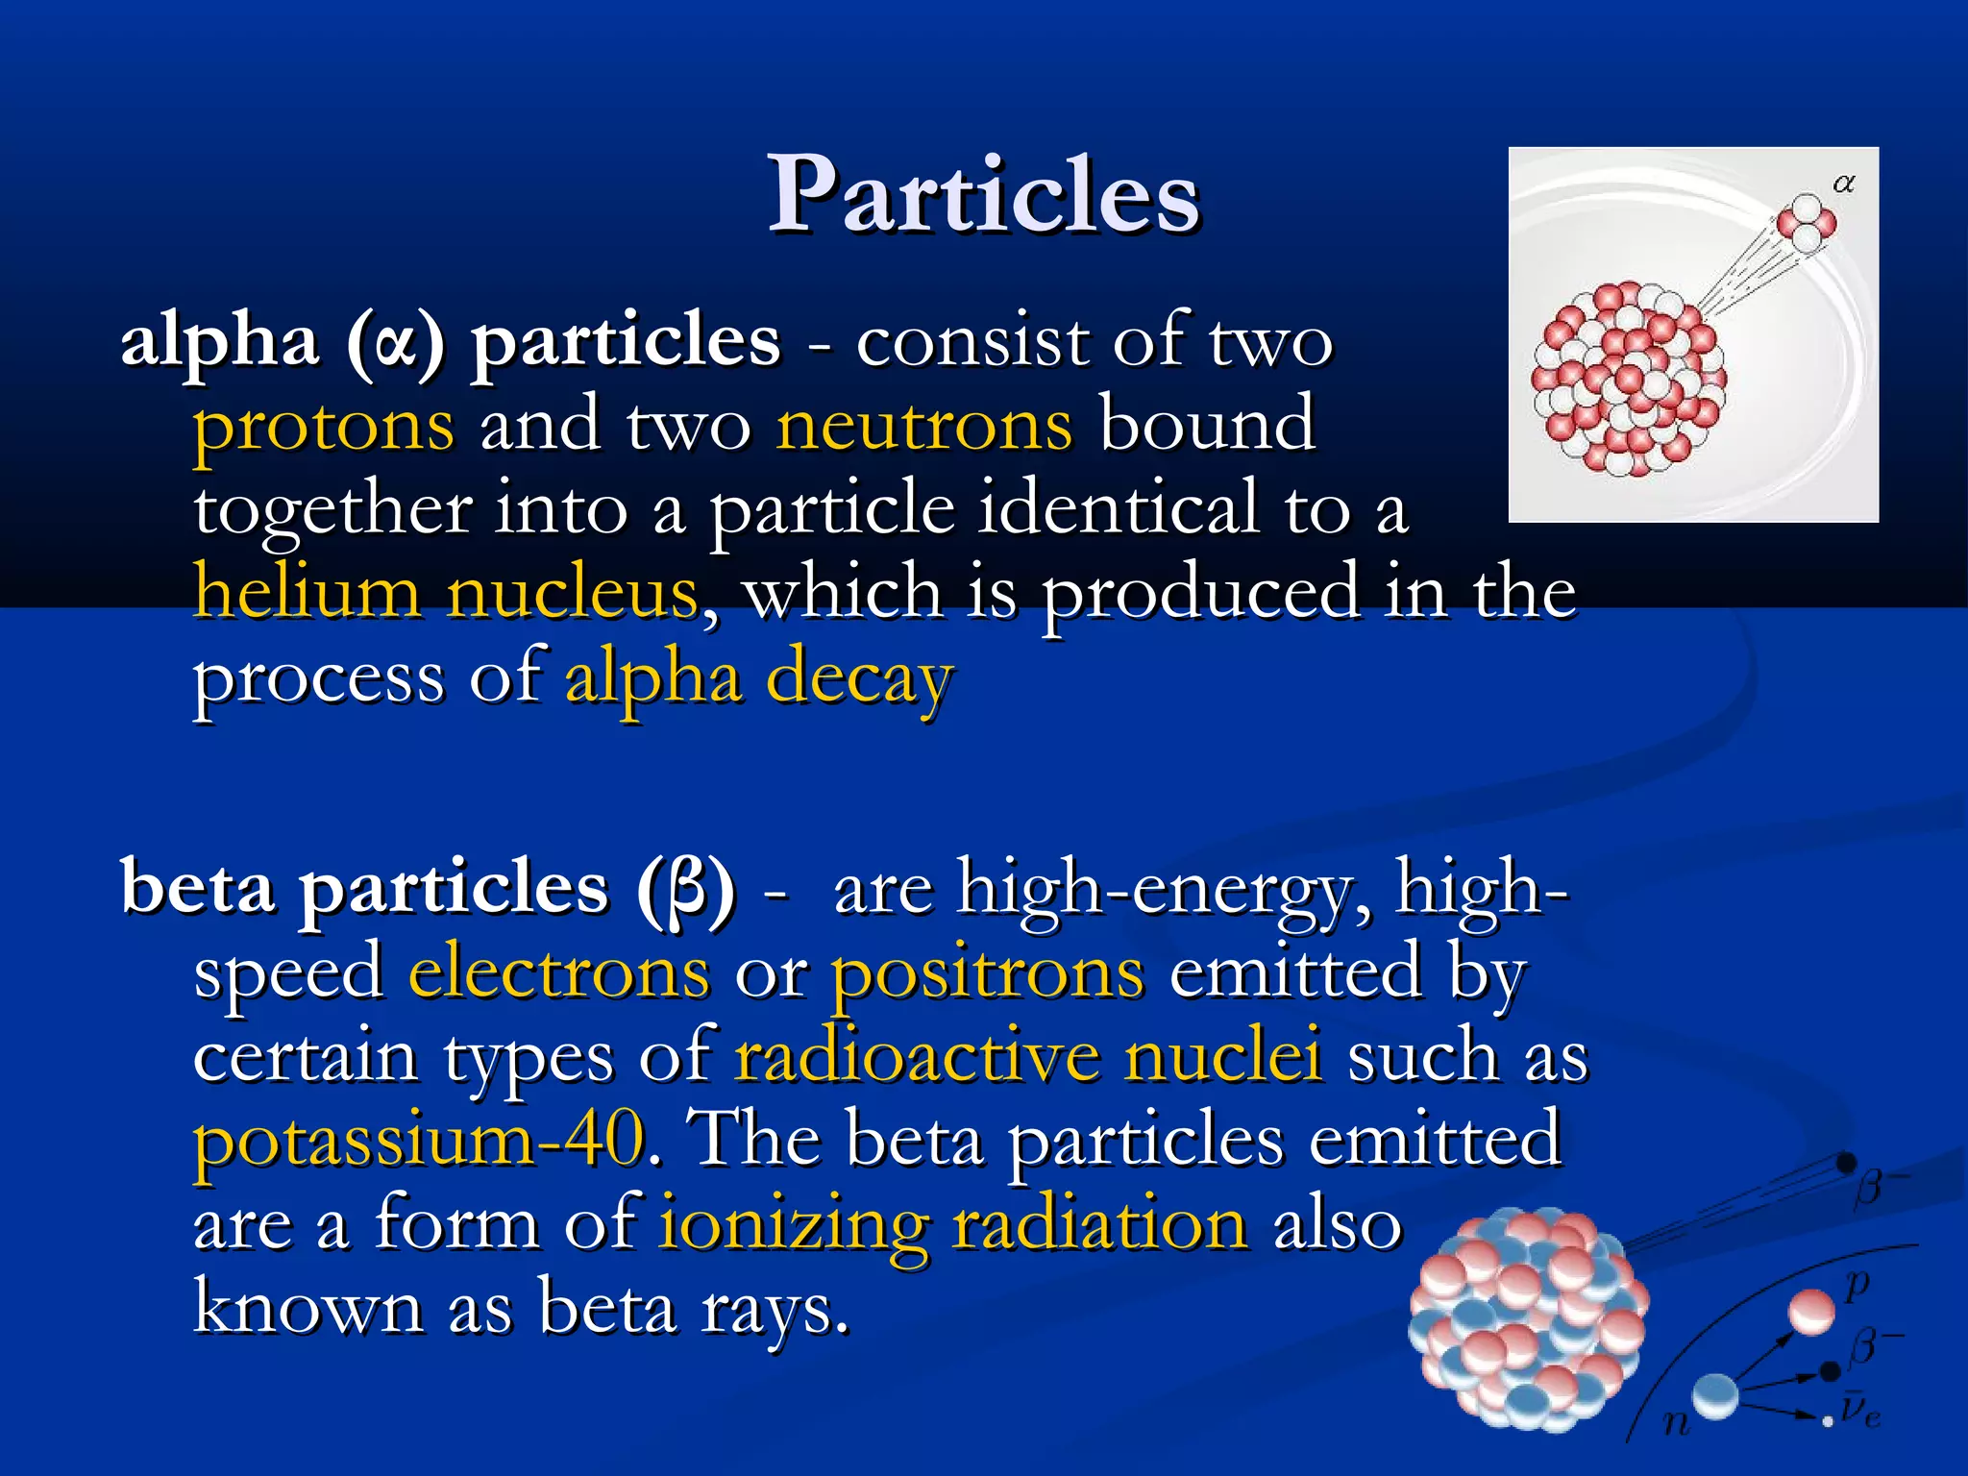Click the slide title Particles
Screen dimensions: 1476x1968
pyautogui.click(x=983, y=196)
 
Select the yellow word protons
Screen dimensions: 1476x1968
pyautogui.click(x=324, y=426)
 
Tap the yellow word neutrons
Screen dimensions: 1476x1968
pyautogui.click(x=923, y=426)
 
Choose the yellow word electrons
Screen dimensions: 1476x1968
pyautogui.click(x=559, y=972)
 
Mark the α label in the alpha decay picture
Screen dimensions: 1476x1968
pyautogui.click(x=1843, y=184)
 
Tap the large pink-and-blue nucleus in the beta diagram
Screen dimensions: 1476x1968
pyautogui.click(x=1527, y=1316)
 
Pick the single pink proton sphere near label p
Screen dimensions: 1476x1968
pyautogui.click(x=1811, y=1312)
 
